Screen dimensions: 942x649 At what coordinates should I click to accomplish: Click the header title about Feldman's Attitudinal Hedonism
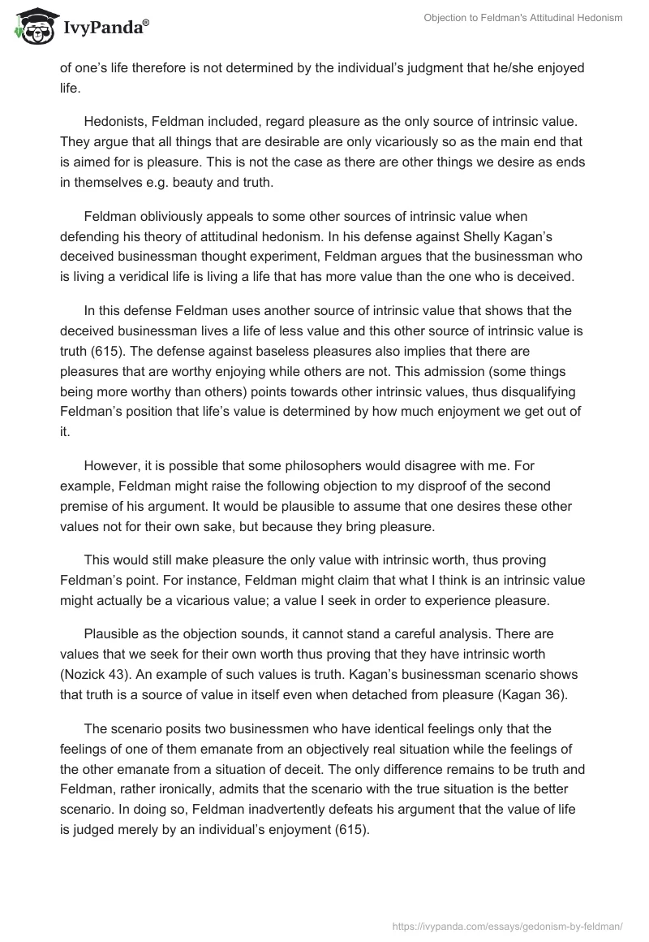click(x=522, y=18)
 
